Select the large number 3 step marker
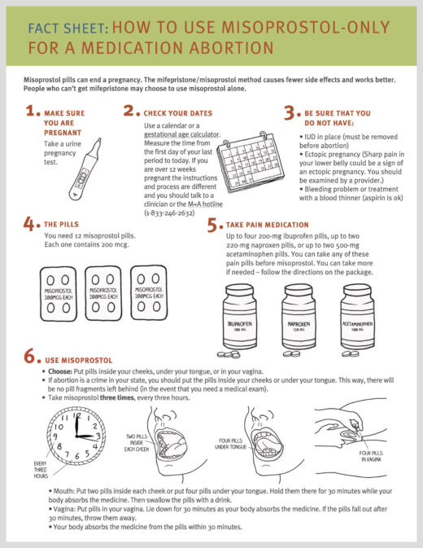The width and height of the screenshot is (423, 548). point(289,114)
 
